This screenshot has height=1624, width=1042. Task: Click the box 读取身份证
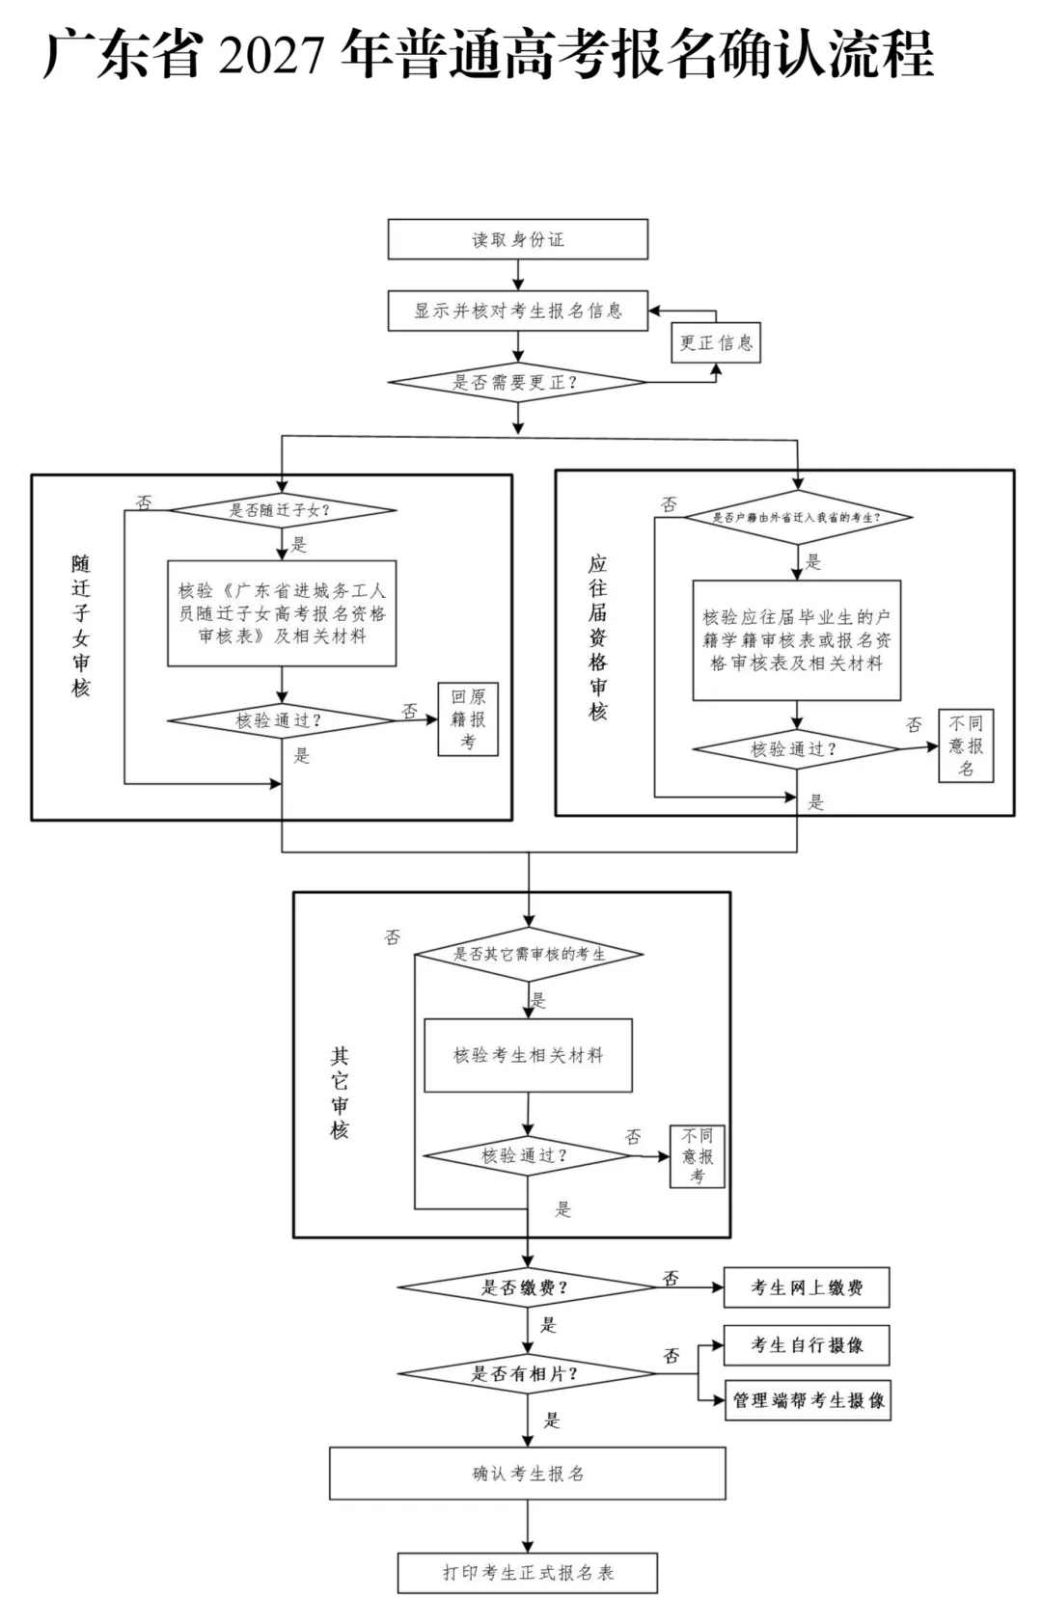(x=518, y=239)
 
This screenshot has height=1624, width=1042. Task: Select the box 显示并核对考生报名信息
(x=518, y=311)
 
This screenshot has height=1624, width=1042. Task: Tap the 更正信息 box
(x=716, y=342)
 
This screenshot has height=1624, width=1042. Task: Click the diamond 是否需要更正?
(x=517, y=382)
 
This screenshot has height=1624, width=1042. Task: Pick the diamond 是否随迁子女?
(x=282, y=510)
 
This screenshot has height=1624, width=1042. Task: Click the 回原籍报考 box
(x=468, y=719)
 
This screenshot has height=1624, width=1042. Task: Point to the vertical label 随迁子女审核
(x=80, y=626)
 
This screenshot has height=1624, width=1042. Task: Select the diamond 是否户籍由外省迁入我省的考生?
(x=798, y=517)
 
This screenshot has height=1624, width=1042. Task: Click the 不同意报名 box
(x=966, y=745)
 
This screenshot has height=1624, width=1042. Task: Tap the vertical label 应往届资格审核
(x=597, y=637)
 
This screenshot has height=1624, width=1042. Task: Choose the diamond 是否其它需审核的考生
(x=529, y=954)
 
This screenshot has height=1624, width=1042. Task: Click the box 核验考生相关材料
(x=528, y=1055)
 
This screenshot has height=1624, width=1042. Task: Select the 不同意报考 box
(x=697, y=1155)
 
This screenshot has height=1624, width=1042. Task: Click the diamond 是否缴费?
(x=527, y=1286)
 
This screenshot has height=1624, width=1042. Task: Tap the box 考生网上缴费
(x=807, y=1286)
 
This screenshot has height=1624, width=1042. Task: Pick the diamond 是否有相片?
(x=527, y=1373)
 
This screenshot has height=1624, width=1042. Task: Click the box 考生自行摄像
(x=807, y=1345)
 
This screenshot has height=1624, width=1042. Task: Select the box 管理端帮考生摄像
(x=808, y=1400)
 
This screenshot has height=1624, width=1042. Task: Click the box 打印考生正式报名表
(x=527, y=1573)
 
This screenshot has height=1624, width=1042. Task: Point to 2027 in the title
(x=270, y=54)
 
